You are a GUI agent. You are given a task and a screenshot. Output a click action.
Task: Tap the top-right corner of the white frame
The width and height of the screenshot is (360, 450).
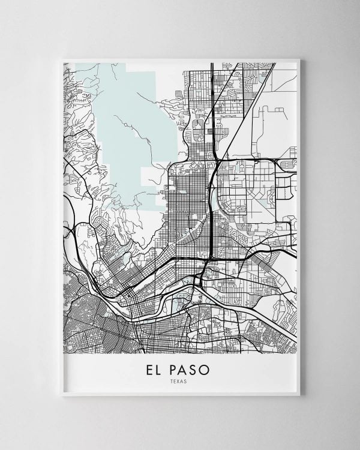(x=301, y=58)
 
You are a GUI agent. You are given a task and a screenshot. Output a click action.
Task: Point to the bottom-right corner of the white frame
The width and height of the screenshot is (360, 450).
(x=301, y=397)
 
